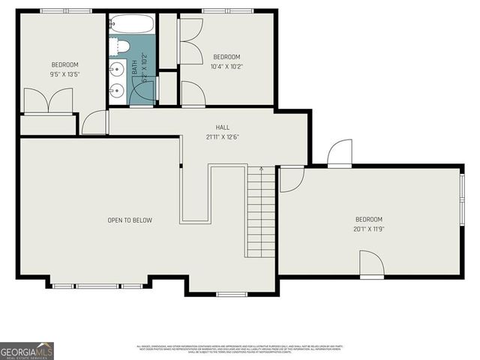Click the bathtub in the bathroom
click(x=132, y=24)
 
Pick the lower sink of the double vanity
click(x=115, y=92)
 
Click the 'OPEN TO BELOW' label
click(x=129, y=220)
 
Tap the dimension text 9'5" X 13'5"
click(x=64, y=74)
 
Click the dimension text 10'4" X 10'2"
click(x=226, y=67)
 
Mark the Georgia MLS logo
click(x=27, y=350)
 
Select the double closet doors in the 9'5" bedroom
click(x=48, y=101)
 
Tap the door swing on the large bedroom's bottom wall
click(x=372, y=265)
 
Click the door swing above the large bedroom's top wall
click(x=340, y=153)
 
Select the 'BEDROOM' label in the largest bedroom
click(x=368, y=219)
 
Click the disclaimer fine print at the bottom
click(x=240, y=349)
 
